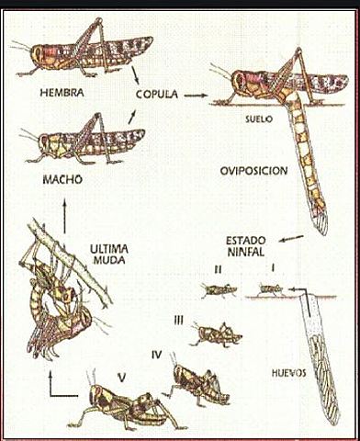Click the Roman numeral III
(x=180, y=319)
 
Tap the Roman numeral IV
(x=157, y=352)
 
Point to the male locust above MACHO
(x=87, y=141)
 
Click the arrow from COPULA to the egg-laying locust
(x=194, y=94)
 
